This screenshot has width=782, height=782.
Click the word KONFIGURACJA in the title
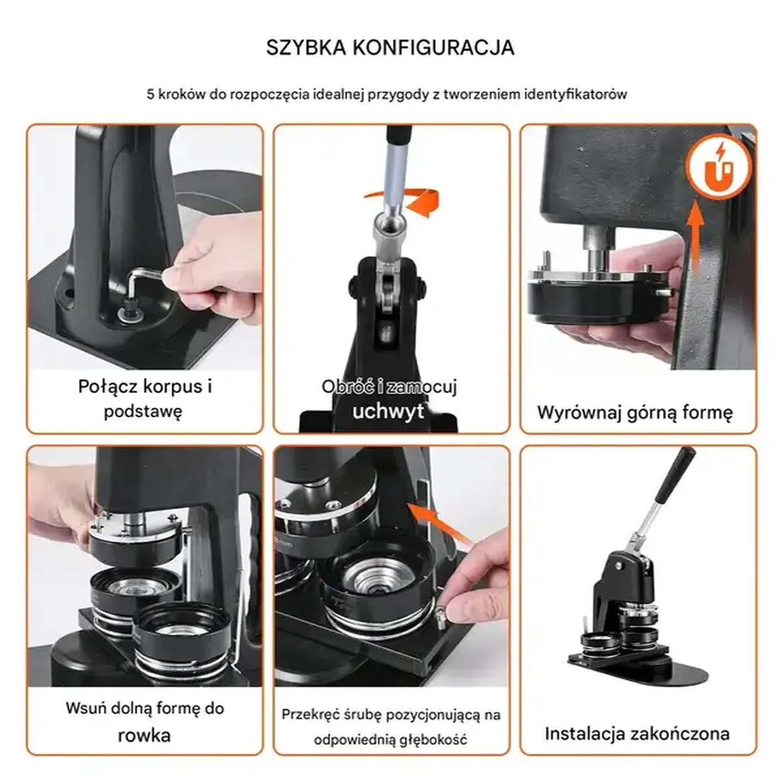point(433,48)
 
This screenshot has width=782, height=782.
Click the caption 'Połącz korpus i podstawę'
point(144,398)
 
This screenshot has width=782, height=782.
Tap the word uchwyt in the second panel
point(388,411)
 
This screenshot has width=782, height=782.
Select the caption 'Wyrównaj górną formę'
point(635,413)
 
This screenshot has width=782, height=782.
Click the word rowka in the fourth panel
point(144,735)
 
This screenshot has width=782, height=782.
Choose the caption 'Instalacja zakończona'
point(637,733)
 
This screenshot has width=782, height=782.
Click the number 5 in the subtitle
point(150,94)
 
